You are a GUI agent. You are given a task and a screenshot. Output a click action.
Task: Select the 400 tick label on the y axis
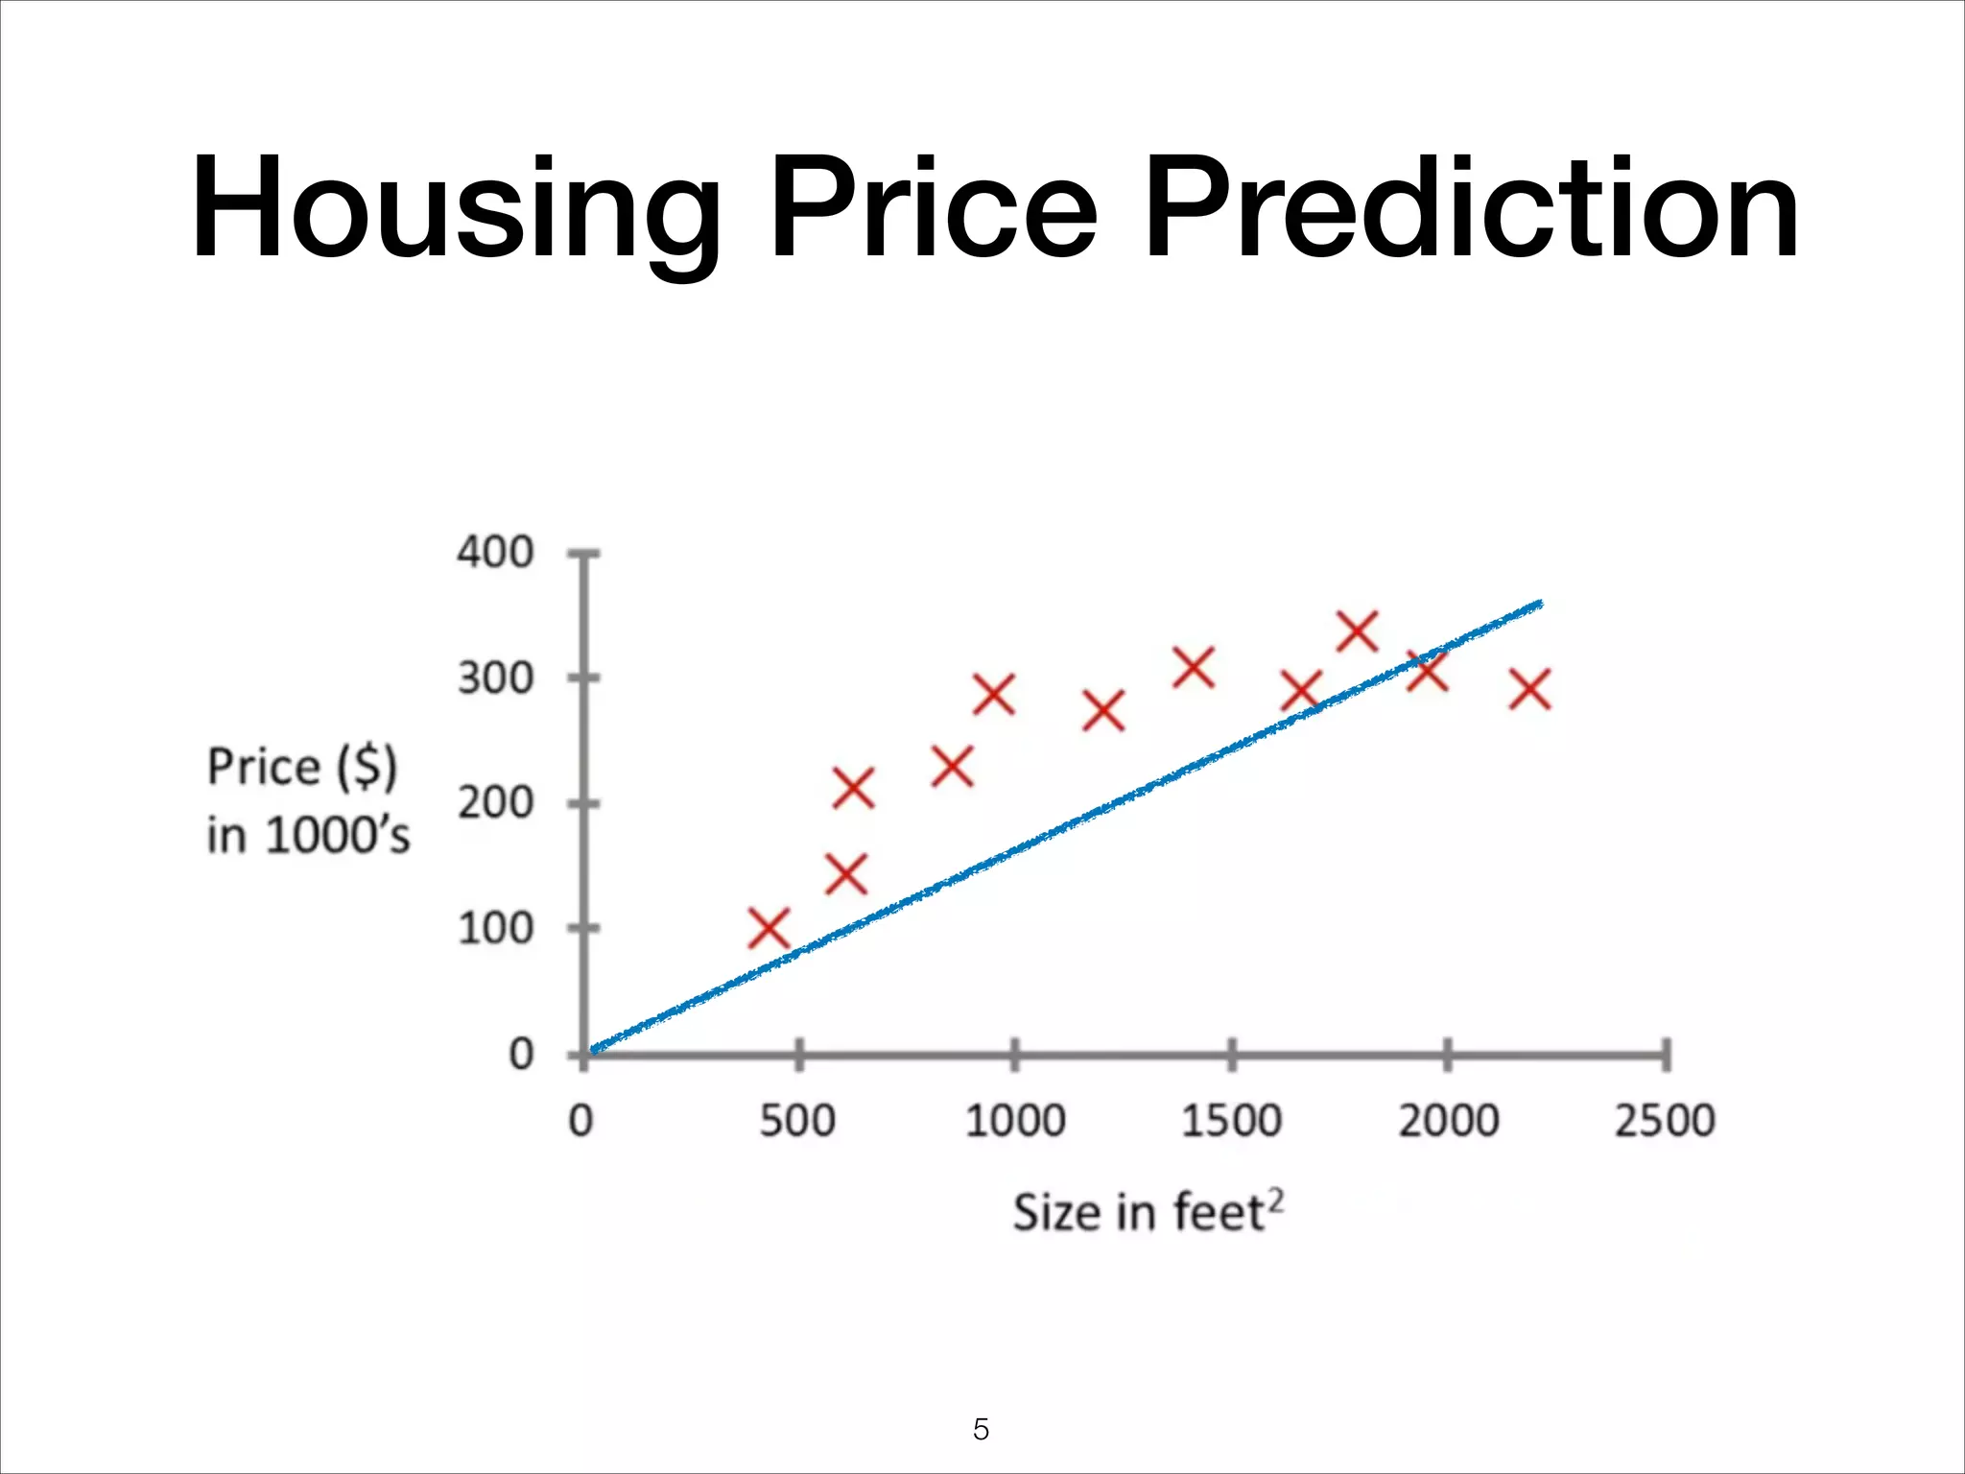click(x=494, y=553)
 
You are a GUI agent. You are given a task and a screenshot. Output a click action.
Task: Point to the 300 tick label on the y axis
click(x=494, y=678)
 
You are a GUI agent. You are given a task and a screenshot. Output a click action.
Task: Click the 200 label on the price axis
click(x=494, y=803)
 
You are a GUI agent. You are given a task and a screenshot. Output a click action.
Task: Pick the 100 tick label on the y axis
click(x=494, y=929)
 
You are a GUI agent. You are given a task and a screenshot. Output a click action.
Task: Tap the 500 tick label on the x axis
click(x=797, y=1121)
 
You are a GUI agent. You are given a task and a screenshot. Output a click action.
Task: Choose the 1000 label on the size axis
click(x=1014, y=1121)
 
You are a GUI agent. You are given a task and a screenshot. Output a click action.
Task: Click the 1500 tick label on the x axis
click(x=1231, y=1121)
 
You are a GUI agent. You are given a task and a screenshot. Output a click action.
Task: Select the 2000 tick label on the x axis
click(x=1448, y=1121)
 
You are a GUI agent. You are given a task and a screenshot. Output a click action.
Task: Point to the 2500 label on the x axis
click(x=1664, y=1121)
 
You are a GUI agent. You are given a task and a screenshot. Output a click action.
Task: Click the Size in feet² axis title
click(x=1148, y=1212)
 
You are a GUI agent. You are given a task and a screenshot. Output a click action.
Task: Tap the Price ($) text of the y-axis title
click(x=301, y=768)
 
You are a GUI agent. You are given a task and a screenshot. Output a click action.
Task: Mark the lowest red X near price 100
click(x=769, y=929)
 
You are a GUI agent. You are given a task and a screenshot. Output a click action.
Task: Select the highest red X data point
click(x=1358, y=631)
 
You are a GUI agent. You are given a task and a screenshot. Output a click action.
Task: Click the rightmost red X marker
click(x=1529, y=690)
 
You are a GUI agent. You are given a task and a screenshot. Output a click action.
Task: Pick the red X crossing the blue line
click(x=1427, y=670)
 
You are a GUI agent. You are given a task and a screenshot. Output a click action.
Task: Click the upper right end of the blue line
click(x=1538, y=604)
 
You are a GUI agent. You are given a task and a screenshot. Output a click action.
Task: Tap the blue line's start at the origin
click(x=594, y=1050)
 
